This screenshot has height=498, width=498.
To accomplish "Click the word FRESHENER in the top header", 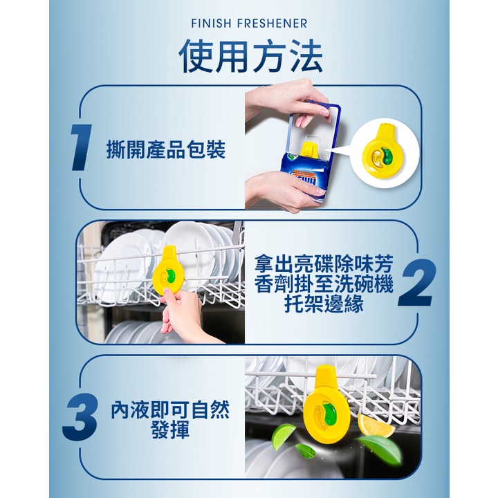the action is click(x=273, y=24).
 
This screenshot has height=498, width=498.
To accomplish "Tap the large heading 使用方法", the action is click(x=250, y=56).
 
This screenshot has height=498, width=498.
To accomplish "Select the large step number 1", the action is click(x=80, y=147).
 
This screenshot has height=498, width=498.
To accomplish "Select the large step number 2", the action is click(x=416, y=283).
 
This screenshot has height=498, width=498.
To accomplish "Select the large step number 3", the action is click(x=80, y=417).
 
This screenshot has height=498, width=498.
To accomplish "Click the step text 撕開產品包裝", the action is click(x=166, y=149).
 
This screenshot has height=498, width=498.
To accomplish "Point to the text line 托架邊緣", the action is click(x=324, y=304).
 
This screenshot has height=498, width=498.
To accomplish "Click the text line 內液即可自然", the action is click(x=170, y=409).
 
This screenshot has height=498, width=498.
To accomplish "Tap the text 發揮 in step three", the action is click(x=171, y=430).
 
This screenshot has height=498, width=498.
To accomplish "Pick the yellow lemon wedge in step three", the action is click(x=375, y=425).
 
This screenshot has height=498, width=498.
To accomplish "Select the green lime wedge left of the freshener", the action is click(x=284, y=435).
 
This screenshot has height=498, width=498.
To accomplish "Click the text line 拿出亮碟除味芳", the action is click(x=324, y=264).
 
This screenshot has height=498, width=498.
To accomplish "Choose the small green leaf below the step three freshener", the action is click(x=305, y=451).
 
